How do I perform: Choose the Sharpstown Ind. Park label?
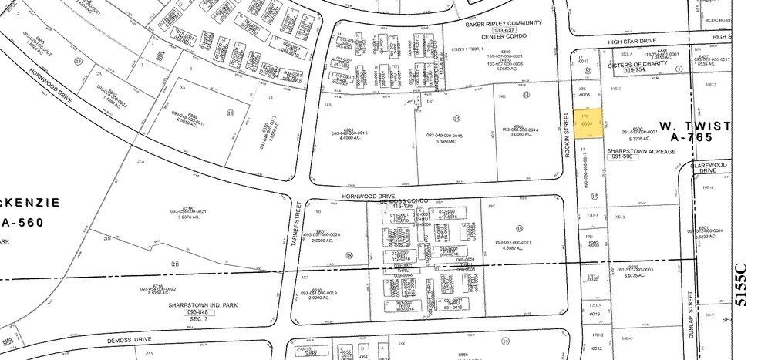201,304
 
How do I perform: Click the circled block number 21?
175,264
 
